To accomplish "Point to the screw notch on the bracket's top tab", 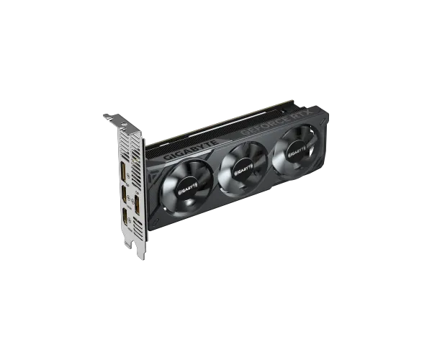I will point(108,114).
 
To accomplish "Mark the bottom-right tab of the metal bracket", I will point(143,256).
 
